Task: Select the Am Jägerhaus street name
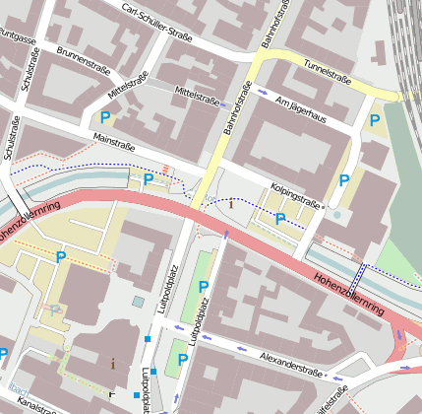tap(308, 108)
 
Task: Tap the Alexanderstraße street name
tap(292, 363)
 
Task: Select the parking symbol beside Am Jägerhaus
tap(374, 119)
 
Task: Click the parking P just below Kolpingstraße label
tap(281, 219)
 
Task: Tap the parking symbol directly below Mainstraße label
tap(149, 178)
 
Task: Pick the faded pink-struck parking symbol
tap(55, 310)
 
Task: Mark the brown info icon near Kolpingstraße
tap(231, 205)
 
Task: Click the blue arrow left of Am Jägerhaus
tap(263, 93)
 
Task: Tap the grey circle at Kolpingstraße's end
tap(336, 214)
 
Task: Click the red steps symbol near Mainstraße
tap(166, 169)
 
